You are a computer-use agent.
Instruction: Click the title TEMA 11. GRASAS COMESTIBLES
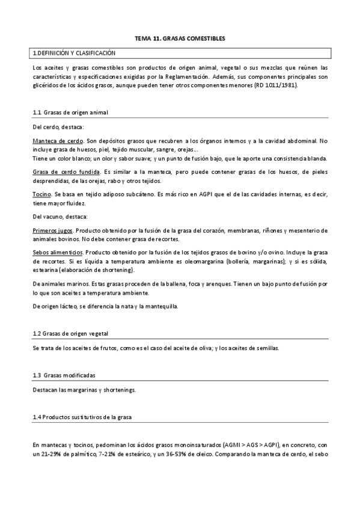click(180, 38)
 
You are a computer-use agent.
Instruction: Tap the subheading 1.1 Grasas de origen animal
click(70, 112)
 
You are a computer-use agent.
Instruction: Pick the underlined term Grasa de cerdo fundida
click(66, 172)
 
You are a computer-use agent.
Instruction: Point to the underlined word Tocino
click(42, 195)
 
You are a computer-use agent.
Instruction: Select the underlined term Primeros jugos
click(53, 230)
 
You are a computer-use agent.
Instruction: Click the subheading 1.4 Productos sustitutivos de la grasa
click(82, 417)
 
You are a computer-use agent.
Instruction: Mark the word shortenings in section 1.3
click(120, 390)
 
